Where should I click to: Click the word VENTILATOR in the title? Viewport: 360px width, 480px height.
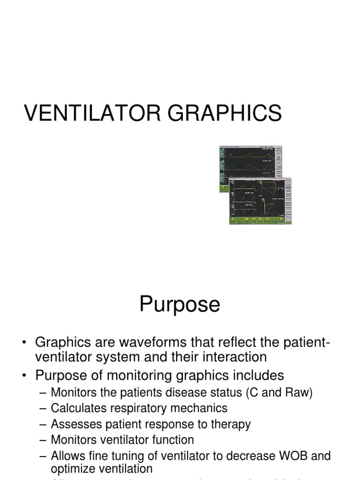[x=86, y=113]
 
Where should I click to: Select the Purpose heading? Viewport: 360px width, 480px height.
[x=180, y=305]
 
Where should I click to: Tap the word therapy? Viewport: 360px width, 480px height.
[x=231, y=424]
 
